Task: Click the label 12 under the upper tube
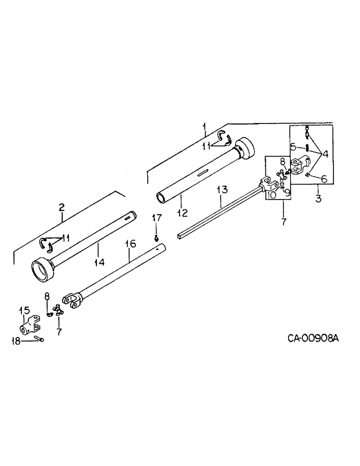[182, 213]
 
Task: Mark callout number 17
[157, 217]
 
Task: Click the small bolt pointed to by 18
[39, 340]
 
